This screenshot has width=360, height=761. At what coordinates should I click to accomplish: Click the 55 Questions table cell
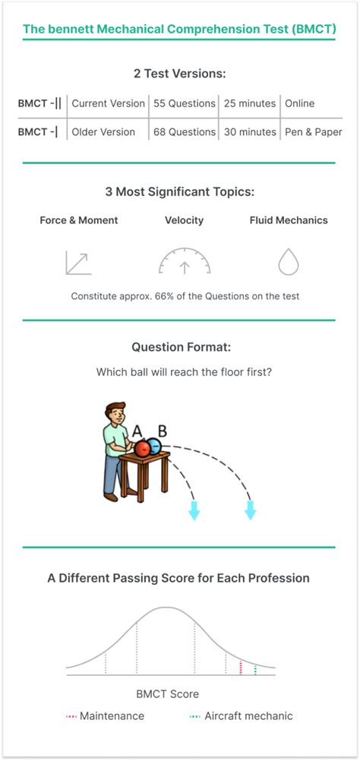(x=185, y=103)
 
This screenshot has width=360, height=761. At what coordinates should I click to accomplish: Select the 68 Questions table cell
(x=185, y=131)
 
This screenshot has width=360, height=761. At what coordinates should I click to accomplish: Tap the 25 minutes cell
(x=250, y=103)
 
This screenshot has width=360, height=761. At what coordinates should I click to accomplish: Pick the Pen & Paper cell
(x=314, y=131)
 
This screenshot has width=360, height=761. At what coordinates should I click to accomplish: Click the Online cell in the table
(x=300, y=103)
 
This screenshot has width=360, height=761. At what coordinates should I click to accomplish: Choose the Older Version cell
(x=103, y=131)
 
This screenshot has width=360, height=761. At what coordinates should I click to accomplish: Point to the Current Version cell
(x=108, y=103)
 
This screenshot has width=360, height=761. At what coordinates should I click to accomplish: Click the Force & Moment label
(x=78, y=219)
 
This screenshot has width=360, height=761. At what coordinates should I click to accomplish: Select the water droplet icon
(x=288, y=262)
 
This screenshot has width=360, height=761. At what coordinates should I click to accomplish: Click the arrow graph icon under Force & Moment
(x=78, y=263)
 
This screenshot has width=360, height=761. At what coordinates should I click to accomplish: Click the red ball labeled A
(x=143, y=448)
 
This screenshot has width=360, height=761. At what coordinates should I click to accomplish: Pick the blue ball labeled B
(x=154, y=446)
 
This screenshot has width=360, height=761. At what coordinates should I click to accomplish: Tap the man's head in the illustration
(x=115, y=413)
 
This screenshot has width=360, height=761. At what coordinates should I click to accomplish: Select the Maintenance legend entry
(x=106, y=715)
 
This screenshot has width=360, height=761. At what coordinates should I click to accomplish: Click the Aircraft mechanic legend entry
(x=242, y=715)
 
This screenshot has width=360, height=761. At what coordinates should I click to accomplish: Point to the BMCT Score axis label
(x=167, y=694)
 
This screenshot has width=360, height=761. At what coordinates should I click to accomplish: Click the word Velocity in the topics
(x=185, y=219)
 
